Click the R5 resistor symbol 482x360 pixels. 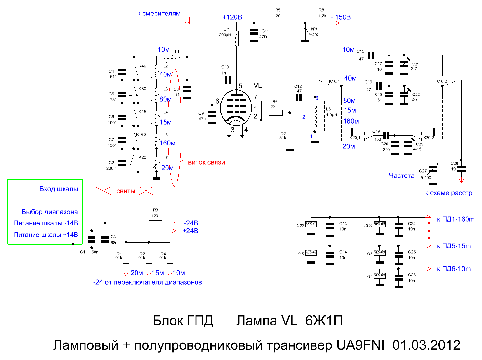(x=279, y=23)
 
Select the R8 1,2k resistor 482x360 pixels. (x=319, y=23)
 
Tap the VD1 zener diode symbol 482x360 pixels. (x=305, y=29)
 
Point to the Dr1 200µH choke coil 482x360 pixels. (x=236, y=38)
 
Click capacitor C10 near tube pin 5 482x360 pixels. (x=228, y=80)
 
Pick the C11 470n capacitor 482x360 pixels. (x=254, y=34)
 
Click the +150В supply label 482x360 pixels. (x=341, y=17)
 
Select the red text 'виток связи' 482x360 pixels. (x=206, y=162)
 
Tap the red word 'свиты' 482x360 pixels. (x=126, y=191)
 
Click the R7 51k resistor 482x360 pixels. (x=290, y=136)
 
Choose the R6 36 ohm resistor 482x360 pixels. (x=276, y=113)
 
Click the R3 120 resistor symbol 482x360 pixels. (x=155, y=223)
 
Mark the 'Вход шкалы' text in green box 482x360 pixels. (x=58, y=189)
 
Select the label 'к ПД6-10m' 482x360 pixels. (x=454, y=269)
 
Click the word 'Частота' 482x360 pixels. (x=401, y=176)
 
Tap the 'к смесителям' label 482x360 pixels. (x=159, y=14)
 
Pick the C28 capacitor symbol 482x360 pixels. (x=461, y=169)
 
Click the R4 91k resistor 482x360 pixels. (x=170, y=256)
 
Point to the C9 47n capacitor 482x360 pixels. (x=212, y=116)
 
